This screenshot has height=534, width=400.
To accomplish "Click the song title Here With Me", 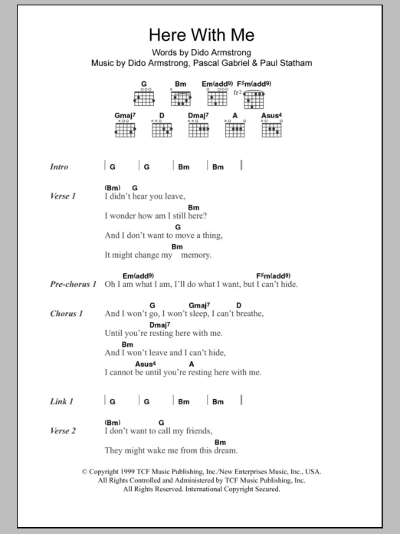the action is (199, 35).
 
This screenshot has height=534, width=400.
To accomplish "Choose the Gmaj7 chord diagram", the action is (124, 129).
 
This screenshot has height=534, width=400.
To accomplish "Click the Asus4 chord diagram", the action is (272, 129).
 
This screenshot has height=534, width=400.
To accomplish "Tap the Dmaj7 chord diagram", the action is (198, 129).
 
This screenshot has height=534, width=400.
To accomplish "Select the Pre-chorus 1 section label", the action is (74, 285).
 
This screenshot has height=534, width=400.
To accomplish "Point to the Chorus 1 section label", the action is (65, 314).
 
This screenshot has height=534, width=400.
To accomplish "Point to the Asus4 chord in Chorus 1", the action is (146, 364).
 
